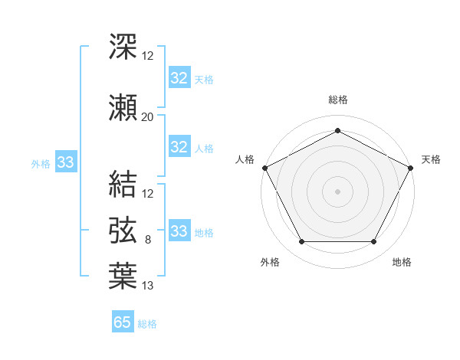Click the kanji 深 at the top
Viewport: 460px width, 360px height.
(123, 47)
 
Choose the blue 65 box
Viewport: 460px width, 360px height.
(123, 322)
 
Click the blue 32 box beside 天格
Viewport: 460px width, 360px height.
(179, 78)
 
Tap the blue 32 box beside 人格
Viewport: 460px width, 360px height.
(179, 147)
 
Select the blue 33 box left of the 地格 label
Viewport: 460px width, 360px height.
(179, 231)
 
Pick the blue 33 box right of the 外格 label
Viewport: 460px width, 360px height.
(65, 162)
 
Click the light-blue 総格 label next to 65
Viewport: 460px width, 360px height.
(147, 324)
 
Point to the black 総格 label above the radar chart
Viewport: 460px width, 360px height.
(337, 100)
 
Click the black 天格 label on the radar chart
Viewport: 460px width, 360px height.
(431, 159)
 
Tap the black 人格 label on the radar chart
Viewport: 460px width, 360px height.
(245, 159)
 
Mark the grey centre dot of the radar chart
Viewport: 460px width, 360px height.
(337, 191)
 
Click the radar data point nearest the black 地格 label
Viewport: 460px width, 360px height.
(374, 242)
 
